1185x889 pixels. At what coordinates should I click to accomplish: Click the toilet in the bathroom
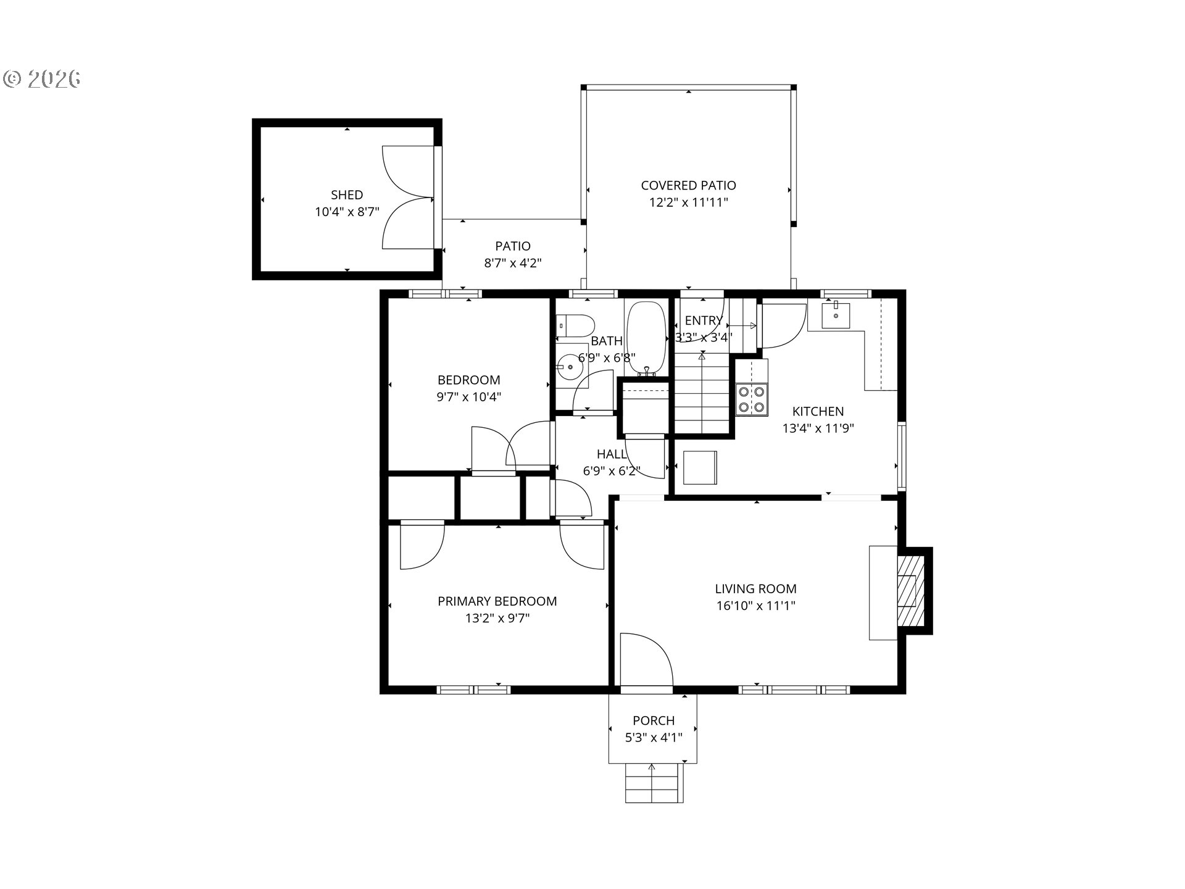coord(575,325)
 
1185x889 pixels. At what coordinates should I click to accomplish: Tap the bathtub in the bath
coord(646,338)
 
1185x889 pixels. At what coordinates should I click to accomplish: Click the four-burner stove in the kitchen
coord(751,399)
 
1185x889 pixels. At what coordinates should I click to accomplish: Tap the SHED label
coord(347,195)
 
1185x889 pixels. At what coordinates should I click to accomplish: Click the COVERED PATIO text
coord(688,185)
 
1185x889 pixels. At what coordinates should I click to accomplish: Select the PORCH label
coord(654,720)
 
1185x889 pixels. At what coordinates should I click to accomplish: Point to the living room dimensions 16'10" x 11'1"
coord(755,606)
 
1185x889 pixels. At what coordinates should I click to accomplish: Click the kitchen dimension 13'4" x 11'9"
coord(818,428)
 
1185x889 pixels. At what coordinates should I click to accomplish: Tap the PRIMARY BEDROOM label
coord(497,601)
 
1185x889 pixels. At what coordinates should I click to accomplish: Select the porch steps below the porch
coord(654,783)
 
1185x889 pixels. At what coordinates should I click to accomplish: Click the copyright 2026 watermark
coord(42,79)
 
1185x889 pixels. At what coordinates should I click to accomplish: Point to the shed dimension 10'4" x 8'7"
coord(347,212)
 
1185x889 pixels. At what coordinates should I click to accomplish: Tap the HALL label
coord(612,454)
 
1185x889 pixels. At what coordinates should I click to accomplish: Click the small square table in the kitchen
coord(700,467)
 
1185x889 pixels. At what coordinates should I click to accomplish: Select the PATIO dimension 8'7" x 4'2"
coord(513,263)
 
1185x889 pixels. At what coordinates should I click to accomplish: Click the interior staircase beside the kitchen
coord(702,393)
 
